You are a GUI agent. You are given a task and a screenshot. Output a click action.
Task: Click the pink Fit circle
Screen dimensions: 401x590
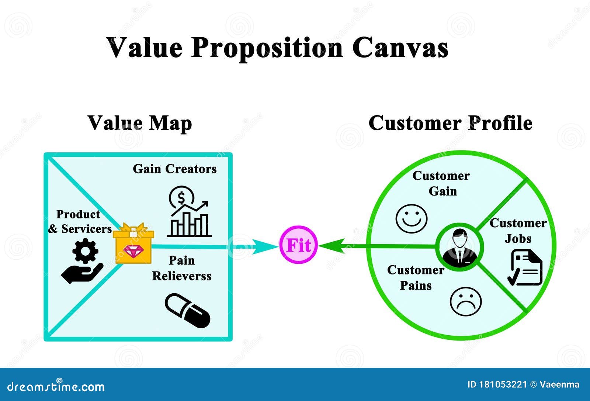(298, 245)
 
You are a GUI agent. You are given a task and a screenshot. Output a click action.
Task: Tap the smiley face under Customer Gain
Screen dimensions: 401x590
(411, 219)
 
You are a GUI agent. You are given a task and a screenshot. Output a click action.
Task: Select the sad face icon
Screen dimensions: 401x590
(466, 301)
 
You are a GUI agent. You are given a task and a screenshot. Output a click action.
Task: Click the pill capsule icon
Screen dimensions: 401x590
(187, 310)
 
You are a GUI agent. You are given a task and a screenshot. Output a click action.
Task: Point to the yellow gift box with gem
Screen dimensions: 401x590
(133, 243)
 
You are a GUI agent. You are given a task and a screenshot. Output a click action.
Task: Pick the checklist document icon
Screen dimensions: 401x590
(526, 267)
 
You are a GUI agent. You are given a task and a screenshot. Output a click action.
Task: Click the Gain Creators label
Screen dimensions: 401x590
(174, 169)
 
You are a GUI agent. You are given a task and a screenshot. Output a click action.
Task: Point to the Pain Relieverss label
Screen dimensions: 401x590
(181, 268)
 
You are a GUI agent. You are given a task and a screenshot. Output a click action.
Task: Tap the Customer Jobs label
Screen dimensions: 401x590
(518, 231)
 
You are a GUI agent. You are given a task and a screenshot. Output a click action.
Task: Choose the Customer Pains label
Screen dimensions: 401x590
(416, 277)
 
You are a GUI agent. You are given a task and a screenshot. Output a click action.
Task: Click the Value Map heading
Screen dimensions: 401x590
(140, 123)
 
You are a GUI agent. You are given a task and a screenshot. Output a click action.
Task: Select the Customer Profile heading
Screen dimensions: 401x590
(450, 123)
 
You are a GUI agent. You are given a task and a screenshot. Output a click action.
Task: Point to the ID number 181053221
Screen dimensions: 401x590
(503, 385)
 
